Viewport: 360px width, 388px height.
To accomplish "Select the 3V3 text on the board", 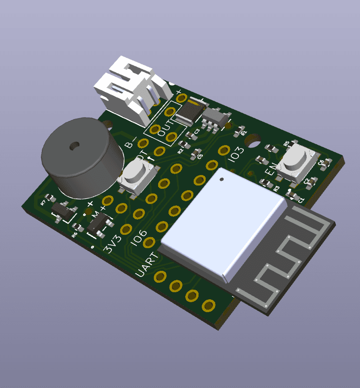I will [113, 244].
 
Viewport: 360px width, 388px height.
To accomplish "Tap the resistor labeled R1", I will [241, 129].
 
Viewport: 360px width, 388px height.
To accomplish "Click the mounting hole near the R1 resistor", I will [254, 141].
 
